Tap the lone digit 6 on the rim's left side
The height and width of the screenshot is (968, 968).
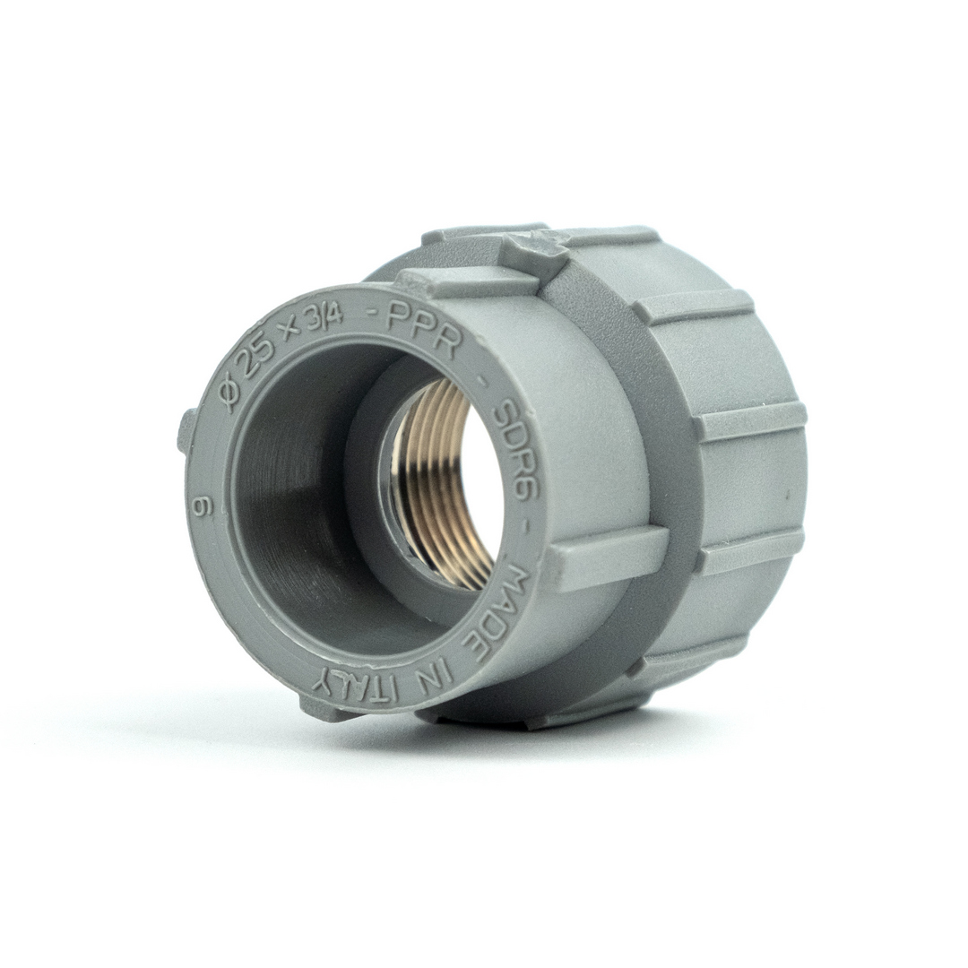point(202,508)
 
